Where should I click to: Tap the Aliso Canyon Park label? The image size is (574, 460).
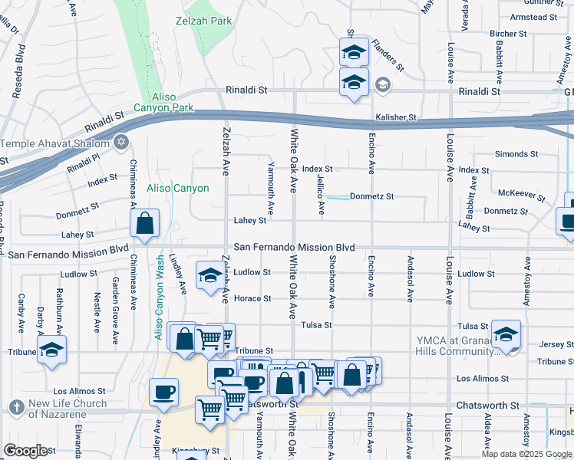tap(163, 103)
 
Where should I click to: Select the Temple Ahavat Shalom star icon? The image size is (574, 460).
tap(120, 142)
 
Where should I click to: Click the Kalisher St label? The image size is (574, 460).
tap(395, 118)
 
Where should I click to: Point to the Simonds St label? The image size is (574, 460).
tap(512, 154)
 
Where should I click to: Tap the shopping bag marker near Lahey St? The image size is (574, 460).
tap(144, 223)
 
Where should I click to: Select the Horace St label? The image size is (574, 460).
tap(252, 298)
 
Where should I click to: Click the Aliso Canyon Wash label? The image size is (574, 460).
tap(160, 307)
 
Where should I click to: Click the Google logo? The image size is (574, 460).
tap(25, 451)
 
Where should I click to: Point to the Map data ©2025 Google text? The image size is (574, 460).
tap(526, 454)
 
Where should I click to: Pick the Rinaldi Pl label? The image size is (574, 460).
tap(83, 163)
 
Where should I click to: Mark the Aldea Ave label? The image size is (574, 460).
tap(488, 432)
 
